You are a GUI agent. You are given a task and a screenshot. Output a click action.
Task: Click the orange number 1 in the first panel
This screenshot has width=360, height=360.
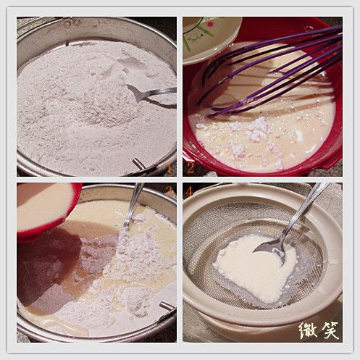[x=169, y=168]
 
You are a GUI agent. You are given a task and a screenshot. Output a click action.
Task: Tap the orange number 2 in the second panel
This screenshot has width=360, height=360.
[x=191, y=167]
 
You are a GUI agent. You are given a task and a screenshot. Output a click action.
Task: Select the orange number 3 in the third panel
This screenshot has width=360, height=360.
[x=169, y=191]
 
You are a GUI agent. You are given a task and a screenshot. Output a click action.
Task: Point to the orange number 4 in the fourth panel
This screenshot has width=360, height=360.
[x=189, y=191]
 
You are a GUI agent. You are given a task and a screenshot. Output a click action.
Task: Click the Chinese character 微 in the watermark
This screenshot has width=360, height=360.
[x=308, y=330]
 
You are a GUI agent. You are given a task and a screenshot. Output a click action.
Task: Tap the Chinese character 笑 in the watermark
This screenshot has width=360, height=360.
[x=330, y=330]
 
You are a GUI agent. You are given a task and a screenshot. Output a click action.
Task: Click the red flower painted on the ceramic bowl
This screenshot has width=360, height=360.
[x=210, y=24]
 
